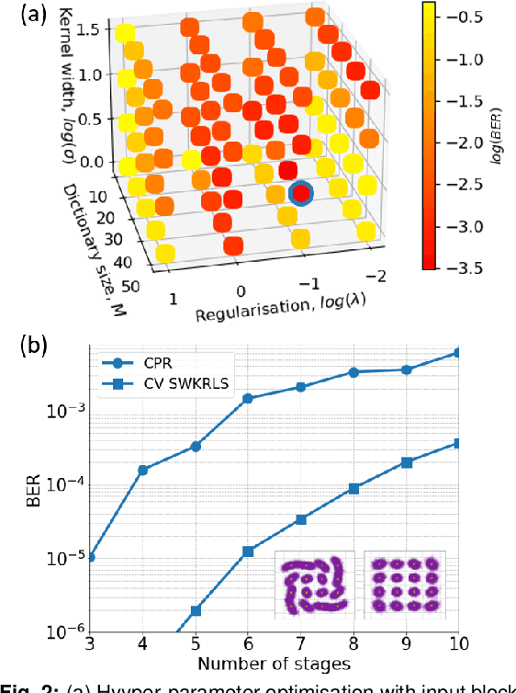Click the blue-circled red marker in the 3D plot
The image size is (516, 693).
click(300, 193)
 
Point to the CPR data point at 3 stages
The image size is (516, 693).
click(91, 557)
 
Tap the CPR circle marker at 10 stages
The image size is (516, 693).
click(458, 353)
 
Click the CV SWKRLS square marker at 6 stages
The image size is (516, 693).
click(248, 551)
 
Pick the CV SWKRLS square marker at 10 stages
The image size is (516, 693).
click(458, 443)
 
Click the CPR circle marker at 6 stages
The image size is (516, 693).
click(248, 399)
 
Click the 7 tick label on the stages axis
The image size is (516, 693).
click(300, 646)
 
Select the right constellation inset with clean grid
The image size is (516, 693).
click(404, 584)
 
